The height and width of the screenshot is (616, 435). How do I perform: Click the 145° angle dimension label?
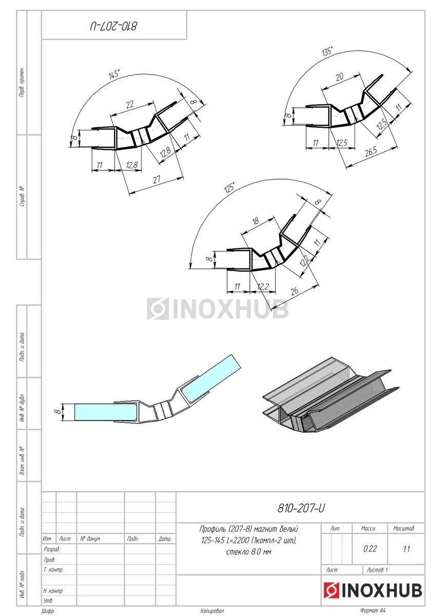pyautogui.click(x=114, y=74)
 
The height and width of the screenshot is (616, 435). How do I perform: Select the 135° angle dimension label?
pyautogui.click(x=327, y=51)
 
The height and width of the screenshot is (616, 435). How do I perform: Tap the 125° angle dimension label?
pyautogui.click(x=230, y=187)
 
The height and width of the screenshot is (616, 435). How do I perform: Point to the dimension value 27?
pyautogui.click(x=156, y=180)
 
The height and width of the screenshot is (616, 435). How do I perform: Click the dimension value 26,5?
pyautogui.click(x=371, y=152)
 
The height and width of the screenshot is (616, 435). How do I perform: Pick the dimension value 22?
pyautogui.click(x=130, y=104)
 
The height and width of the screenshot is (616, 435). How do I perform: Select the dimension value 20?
pyautogui.click(x=340, y=76)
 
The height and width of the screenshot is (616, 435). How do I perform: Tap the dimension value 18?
pyautogui.click(x=255, y=221)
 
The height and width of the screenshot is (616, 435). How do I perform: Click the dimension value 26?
pyautogui.click(x=294, y=291)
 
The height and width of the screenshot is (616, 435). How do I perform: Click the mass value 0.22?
pyautogui.click(x=370, y=549)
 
